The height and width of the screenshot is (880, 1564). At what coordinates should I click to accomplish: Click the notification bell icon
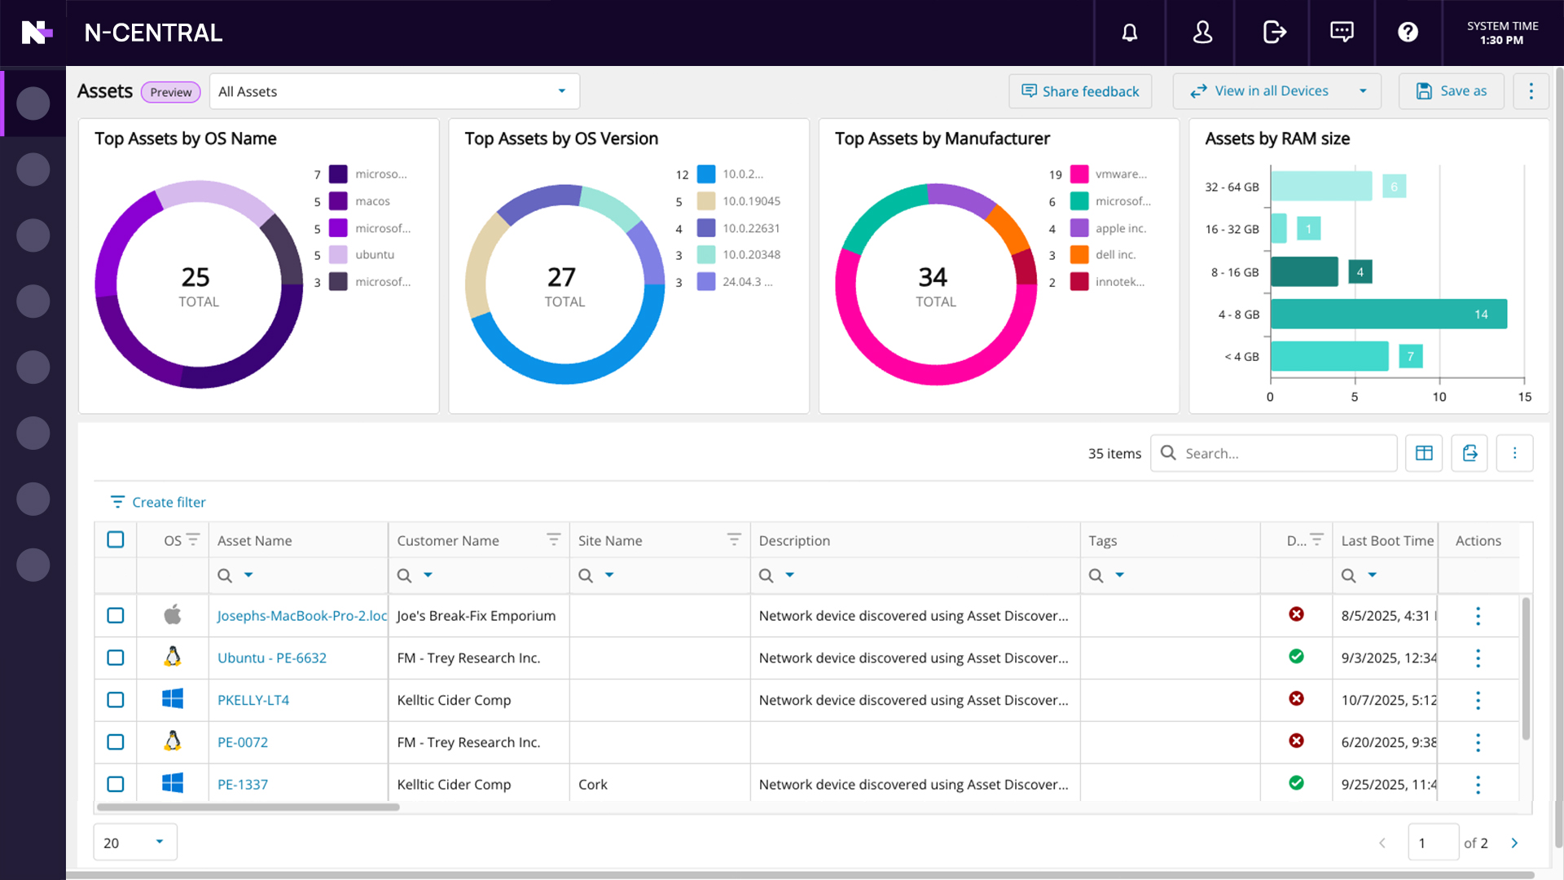coord(1129,33)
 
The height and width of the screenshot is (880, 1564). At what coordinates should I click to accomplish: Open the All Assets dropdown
coord(394,91)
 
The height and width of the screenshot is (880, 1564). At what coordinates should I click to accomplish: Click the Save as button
coord(1452,91)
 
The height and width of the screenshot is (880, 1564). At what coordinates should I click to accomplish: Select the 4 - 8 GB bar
coord(1388,315)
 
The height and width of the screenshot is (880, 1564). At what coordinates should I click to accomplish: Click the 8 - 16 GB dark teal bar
coord(1303,272)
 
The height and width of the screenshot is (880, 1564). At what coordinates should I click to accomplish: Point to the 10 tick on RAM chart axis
coord(1439,397)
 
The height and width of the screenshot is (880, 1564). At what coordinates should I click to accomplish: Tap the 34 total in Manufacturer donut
coord(934,278)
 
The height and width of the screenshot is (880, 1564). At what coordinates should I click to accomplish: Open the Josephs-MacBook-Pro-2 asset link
coord(301,616)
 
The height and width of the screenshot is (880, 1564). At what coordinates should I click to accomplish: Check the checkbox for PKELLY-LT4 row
coord(116,700)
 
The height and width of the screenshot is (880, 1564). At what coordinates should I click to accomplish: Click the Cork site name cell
coord(593,785)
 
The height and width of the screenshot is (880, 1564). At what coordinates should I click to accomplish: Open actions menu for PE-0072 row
coord(1478,742)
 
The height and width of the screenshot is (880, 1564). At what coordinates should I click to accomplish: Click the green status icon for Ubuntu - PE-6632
coord(1296,657)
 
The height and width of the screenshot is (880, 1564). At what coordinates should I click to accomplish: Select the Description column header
coord(794,541)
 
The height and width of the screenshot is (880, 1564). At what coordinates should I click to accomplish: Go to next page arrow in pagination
coord(1514,843)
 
